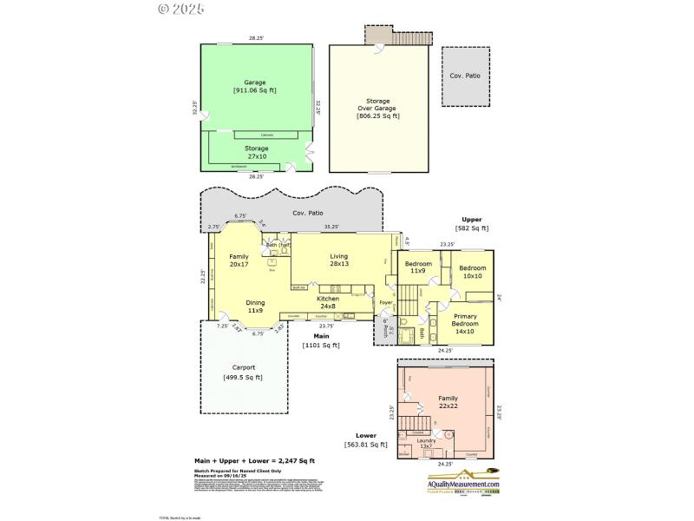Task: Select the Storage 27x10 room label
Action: pos(256,152)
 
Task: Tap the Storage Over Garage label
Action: pos(378,108)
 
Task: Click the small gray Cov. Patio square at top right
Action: pos(467,76)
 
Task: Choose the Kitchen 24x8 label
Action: pos(327,302)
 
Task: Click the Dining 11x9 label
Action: pos(255,307)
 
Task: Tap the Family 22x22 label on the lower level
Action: pos(448,401)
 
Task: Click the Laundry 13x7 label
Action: pos(426,443)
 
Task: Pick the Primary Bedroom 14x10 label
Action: pos(467,322)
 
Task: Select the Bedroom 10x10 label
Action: pos(473,273)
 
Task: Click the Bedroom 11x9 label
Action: pos(417,267)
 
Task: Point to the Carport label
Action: pos(243,372)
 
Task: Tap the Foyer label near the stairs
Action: pos(386,303)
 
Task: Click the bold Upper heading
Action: pos(472,220)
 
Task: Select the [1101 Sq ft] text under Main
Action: pos(320,346)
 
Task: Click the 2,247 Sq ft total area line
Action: pos(253,461)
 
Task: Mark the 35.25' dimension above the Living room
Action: pos(331,228)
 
